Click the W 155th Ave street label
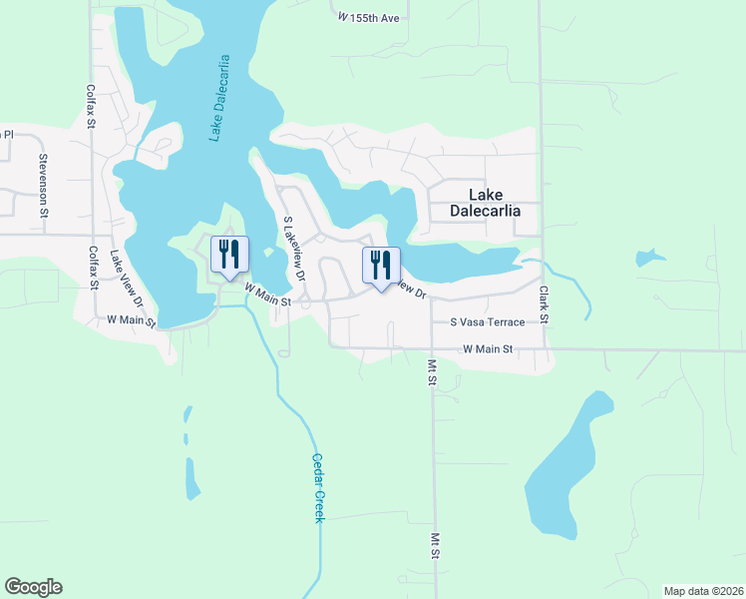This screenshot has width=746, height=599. click(x=369, y=18)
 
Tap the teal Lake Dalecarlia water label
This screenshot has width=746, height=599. click(x=220, y=98)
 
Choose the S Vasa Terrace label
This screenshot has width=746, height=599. click(x=487, y=322)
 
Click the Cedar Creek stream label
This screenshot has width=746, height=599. click(x=319, y=487)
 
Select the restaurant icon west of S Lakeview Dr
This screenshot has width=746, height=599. click(x=228, y=256)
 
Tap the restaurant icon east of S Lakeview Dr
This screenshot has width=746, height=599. click(x=380, y=266)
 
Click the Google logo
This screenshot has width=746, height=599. click(x=33, y=587)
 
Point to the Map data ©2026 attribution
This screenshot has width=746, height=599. click(x=702, y=590)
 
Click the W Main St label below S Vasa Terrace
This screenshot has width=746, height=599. click(x=488, y=349)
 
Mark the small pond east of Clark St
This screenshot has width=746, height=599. click(x=650, y=259)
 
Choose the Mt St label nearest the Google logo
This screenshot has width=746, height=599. click(x=436, y=545)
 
